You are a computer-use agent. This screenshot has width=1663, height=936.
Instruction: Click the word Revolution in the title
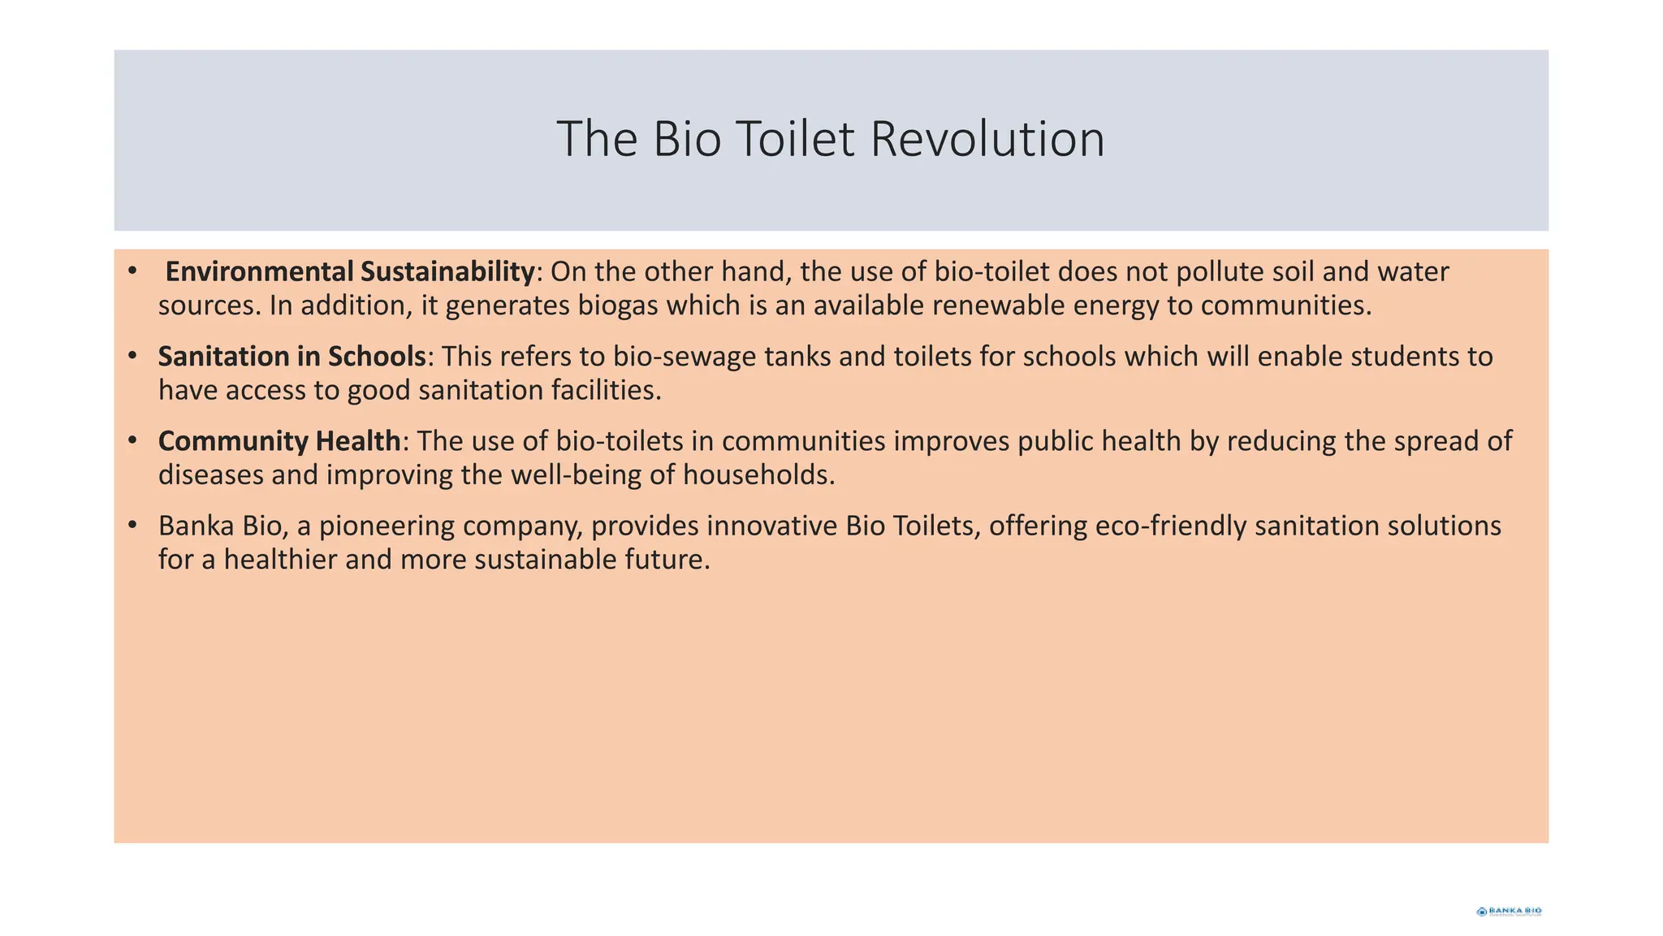987,139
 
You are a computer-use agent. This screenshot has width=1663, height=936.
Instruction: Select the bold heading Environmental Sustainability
350,271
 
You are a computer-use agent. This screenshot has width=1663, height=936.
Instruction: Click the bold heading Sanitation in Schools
292,356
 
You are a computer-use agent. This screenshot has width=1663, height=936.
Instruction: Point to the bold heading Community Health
279,440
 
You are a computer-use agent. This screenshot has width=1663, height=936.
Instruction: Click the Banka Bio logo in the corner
1509,912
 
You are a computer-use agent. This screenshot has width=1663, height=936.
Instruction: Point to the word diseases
211,474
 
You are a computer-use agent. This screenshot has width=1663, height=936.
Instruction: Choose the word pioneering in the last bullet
387,526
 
